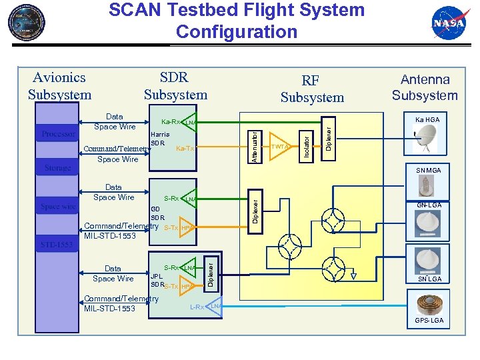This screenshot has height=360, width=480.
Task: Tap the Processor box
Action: pyautogui.click(x=59, y=134)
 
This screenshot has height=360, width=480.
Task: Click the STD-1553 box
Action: pyautogui.click(x=57, y=245)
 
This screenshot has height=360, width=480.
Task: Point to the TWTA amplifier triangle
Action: pyautogui.click(x=281, y=147)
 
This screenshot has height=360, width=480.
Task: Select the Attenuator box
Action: pyautogui.click(x=255, y=146)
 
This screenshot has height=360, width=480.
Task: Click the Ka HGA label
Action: pyautogui.click(x=427, y=119)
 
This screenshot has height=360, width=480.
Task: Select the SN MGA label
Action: pyautogui.click(x=427, y=171)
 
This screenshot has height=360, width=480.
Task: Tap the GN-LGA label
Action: pyautogui.click(x=429, y=205)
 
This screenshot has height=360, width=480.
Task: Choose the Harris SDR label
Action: pyautogui.click(x=160, y=139)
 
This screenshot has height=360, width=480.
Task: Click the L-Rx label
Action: pyautogui.click(x=197, y=307)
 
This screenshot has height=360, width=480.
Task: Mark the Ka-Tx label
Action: pyautogui.click(x=185, y=149)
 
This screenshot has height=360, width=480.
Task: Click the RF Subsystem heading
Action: pyautogui.click(x=312, y=89)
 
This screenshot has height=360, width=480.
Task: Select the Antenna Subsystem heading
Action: pyautogui.click(x=425, y=87)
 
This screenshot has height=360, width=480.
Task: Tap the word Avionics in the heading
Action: pyautogui.click(x=59, y=78)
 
